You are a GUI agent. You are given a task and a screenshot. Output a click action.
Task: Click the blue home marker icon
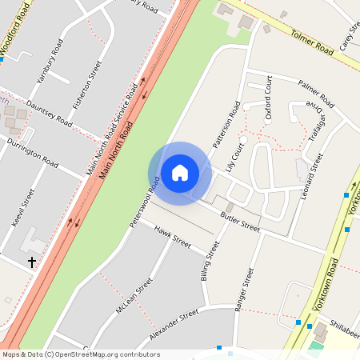pos(179,173)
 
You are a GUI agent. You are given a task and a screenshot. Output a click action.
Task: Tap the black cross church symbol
pos(33,262)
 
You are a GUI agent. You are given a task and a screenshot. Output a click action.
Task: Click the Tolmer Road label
pos(312,43)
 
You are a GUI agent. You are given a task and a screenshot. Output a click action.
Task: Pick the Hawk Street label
pos(172,238)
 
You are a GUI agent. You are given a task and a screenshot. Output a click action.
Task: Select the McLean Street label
pos(133,297)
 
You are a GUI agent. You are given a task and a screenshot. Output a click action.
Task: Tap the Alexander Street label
pos(174,328)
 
